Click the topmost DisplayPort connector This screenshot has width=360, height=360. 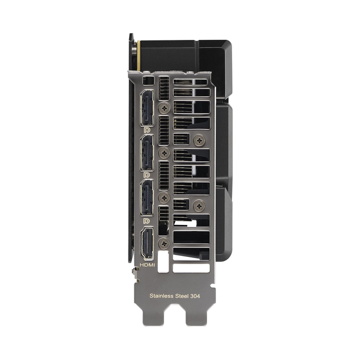147,107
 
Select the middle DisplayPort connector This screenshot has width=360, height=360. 147,152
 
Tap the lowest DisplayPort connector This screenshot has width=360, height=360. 147,197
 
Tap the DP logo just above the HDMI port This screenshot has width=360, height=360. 147,220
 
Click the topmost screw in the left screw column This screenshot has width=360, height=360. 163,108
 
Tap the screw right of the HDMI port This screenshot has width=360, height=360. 163,243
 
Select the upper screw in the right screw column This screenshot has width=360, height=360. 199,141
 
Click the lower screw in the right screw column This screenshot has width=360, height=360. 199,205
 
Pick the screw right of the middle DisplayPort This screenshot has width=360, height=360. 163,153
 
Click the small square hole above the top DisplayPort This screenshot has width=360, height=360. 147,80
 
